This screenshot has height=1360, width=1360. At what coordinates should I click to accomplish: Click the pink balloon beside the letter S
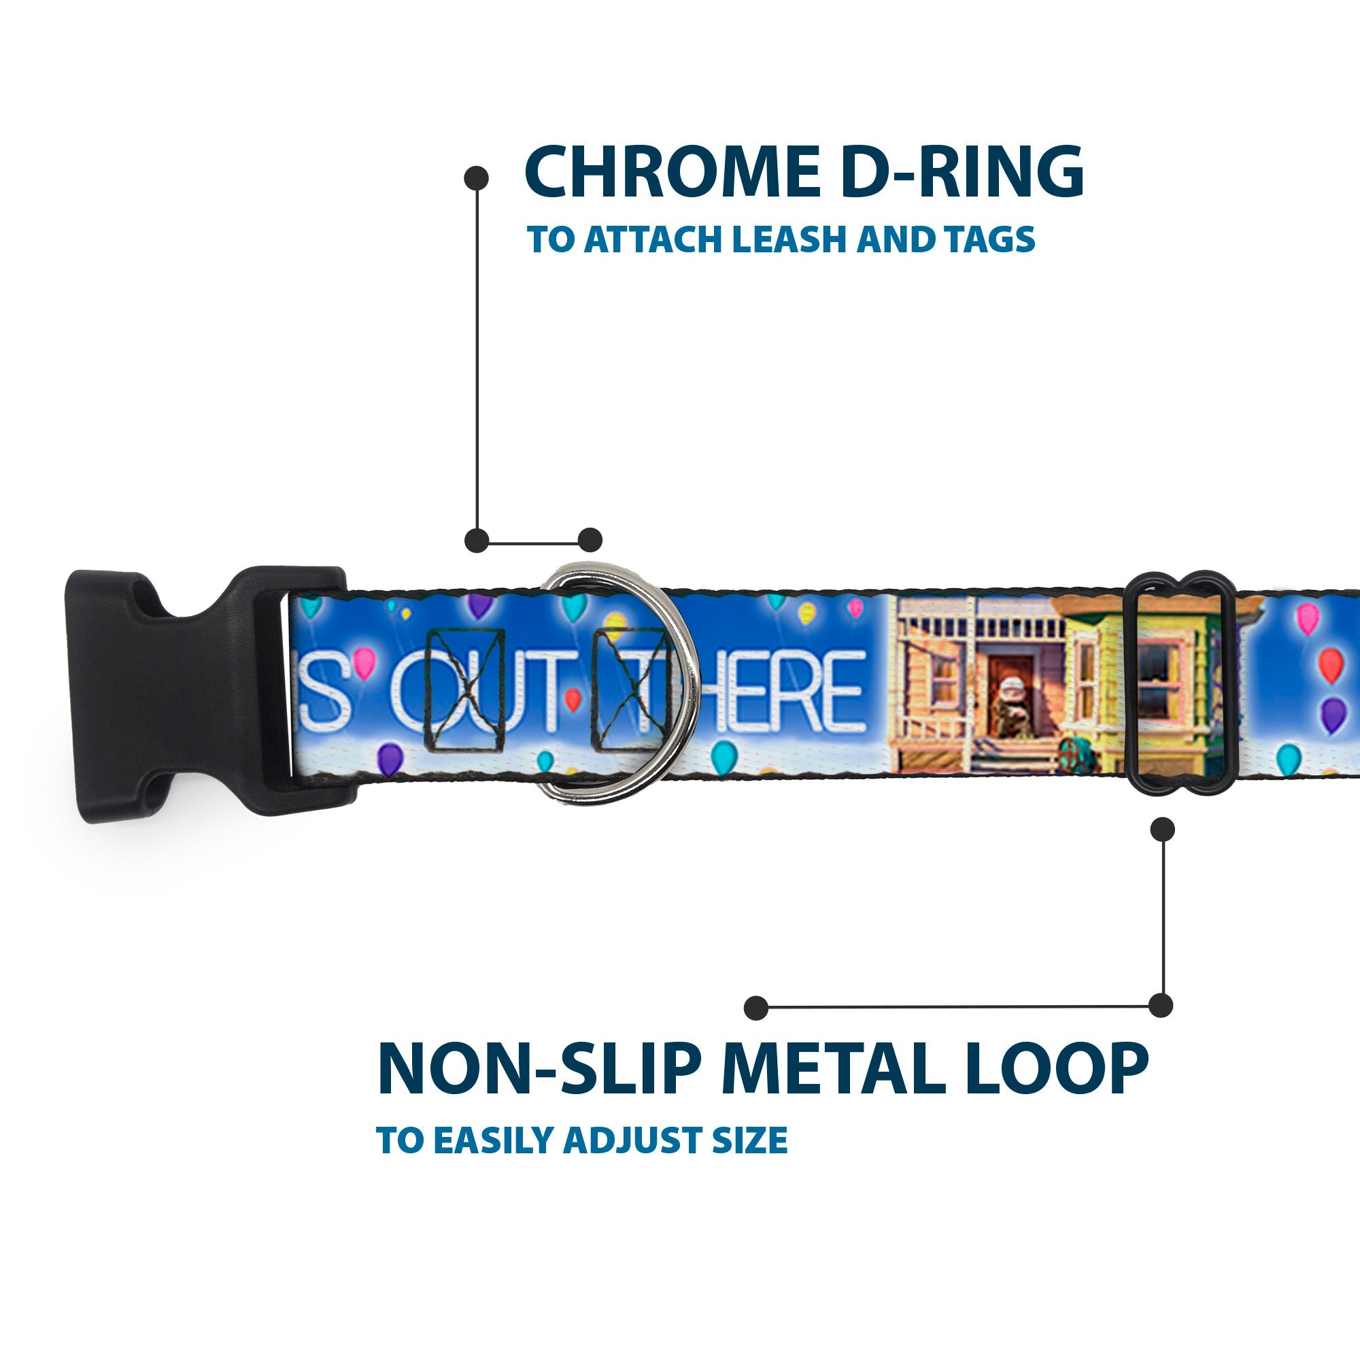pyautogui.click(x=364, y=662)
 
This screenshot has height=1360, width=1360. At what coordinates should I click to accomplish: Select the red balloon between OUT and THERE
pyautogui.click(x=573, y=698)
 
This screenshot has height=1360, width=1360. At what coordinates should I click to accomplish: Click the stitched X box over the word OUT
pyautogui.click(x=464, y=690)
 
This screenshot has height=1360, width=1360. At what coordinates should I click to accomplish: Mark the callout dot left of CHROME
pyautogui.click(x=477, y=177)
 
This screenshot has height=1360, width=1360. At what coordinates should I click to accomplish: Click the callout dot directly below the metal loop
pyautogui.click(x=1162, y=829)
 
